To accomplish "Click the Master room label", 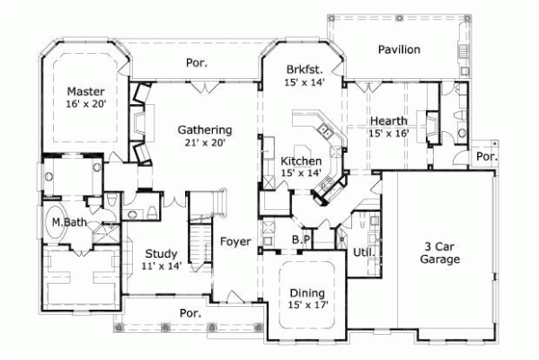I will coord(86,92).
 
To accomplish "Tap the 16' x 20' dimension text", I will coord(86,105).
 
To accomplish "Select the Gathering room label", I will coord(205,129).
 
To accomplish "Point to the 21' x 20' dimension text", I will coord(205,142).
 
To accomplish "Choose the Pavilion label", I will coord(399,49).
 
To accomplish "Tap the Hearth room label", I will coord(389,120).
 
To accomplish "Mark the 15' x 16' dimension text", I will coord(389,133).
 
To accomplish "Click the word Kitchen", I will coord(276,160).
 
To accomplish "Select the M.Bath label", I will coord(68,222).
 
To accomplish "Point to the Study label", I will coord(162,254).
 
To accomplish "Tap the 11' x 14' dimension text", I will coord(162,267).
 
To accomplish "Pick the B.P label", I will coord(301,240).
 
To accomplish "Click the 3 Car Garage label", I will coord(441,252).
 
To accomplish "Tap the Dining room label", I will coord(306,293).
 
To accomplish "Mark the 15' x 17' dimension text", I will coord(306,305).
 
